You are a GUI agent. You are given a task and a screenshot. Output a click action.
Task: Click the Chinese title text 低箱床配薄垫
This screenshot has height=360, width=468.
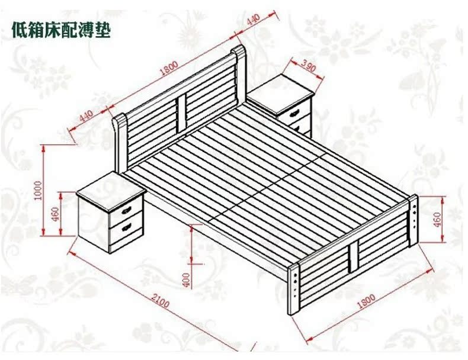61,30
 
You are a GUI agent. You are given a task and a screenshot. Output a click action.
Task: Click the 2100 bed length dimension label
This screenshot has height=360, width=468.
160,300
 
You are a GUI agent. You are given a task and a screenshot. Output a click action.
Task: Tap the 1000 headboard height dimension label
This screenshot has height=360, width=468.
38,190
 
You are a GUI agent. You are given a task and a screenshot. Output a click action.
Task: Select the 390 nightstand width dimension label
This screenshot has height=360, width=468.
307,66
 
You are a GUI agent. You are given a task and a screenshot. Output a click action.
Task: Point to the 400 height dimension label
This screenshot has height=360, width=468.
186,279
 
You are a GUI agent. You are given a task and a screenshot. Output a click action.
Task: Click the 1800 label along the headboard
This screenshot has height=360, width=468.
169,68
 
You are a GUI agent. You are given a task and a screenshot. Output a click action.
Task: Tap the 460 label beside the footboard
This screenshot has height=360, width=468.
437,220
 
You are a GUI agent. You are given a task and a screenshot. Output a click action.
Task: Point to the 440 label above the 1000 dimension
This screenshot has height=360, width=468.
86,115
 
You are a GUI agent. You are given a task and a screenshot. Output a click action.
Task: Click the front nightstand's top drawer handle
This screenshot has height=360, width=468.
127,210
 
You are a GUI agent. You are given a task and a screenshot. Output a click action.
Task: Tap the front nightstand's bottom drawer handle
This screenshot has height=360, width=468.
127,228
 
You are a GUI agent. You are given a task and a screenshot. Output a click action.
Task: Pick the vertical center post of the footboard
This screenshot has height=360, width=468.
353,256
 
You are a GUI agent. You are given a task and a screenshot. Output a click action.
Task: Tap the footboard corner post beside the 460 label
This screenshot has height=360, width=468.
413,221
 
